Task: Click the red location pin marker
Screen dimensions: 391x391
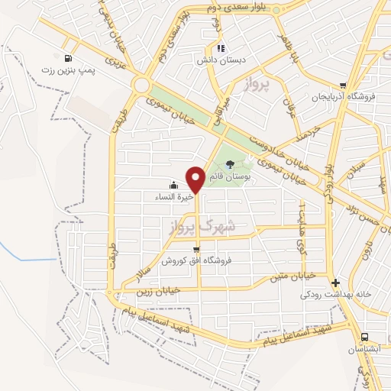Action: [x=196, y=179]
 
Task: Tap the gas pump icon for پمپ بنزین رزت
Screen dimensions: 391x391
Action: [x=69, y=58]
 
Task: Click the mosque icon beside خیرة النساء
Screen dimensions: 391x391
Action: [x=173, y=185]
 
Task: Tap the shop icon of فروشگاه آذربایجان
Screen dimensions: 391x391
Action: [x=344, y=86]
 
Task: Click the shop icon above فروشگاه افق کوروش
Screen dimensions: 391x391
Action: [x=197, y=250]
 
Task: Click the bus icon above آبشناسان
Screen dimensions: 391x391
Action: [x=364, y=337]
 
